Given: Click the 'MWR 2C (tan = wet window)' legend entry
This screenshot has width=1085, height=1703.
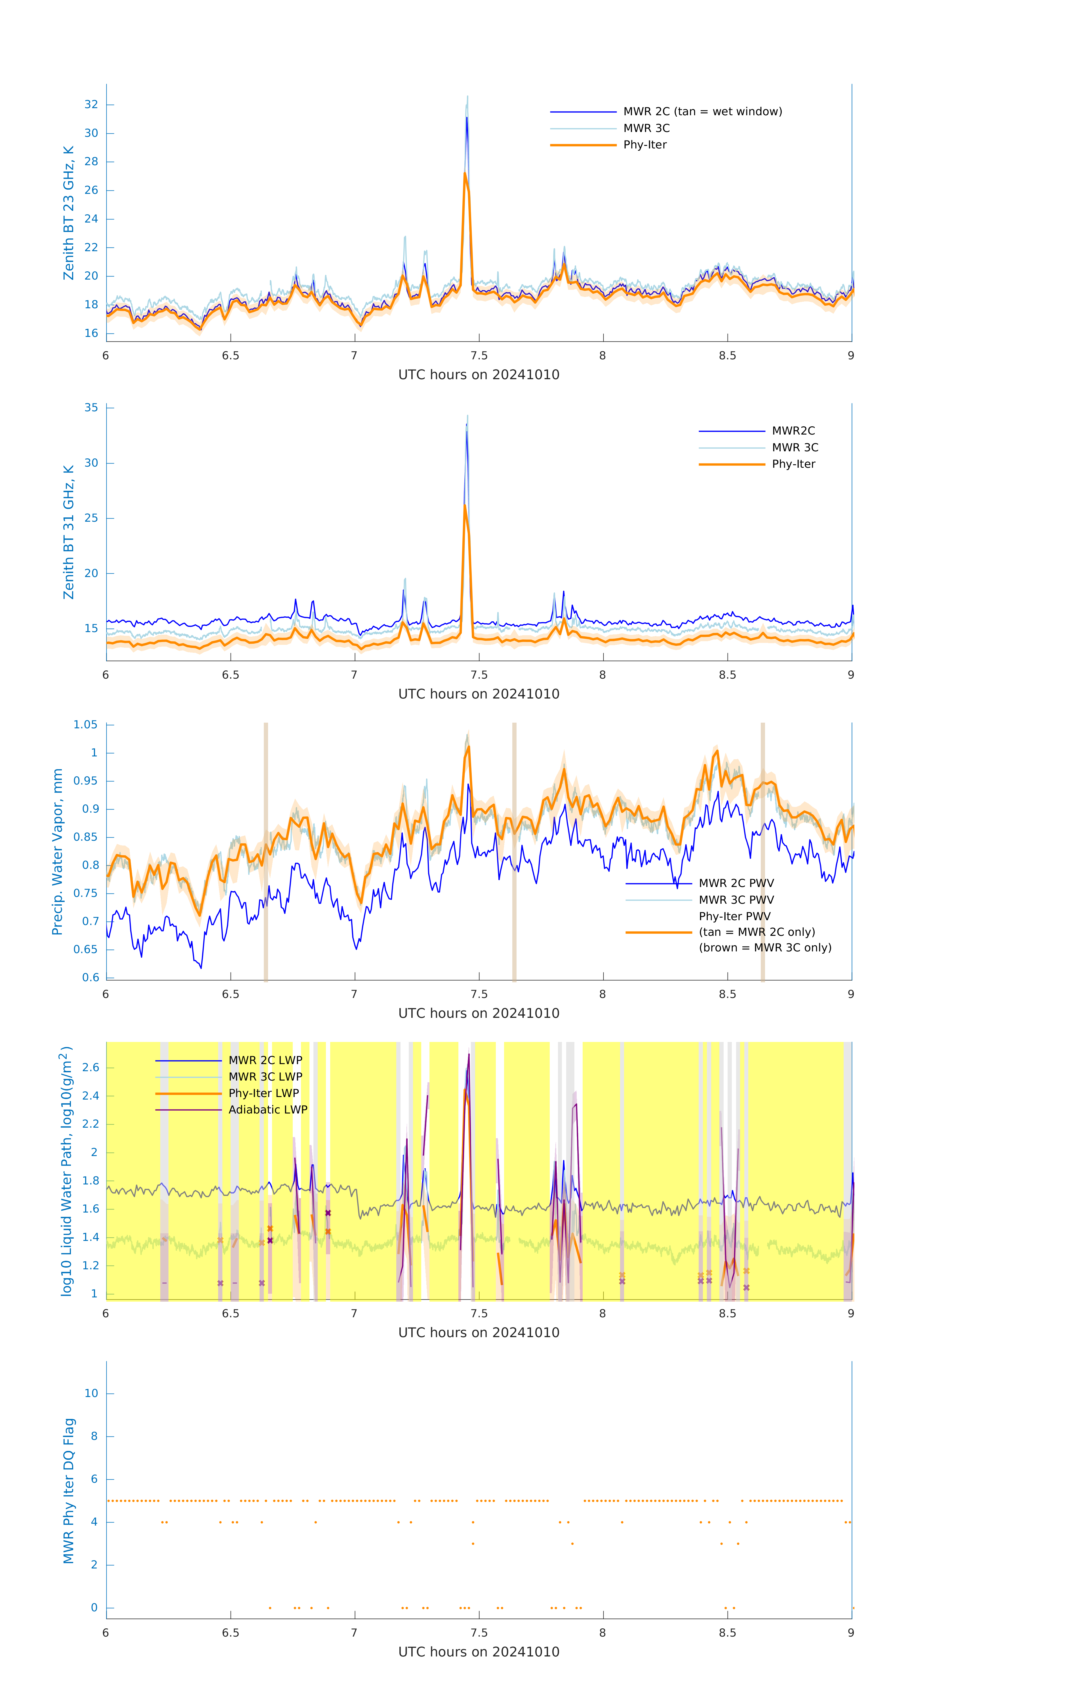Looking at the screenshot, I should pyautogui.click(x=702, y=112).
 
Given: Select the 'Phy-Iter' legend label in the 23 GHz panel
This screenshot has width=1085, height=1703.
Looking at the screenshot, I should pyautogui.click(x=645, y=145).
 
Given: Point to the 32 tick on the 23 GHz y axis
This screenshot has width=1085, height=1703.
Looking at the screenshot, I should pyautogui.click(x=91, y=105).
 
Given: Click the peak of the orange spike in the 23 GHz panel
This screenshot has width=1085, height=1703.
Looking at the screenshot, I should pyautogui.click(x=465, y=173).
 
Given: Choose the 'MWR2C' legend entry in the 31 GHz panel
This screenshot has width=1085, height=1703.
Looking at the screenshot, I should pyautogui.click(x=793, y=431).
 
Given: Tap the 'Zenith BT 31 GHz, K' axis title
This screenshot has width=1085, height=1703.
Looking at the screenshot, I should pyautogui.click(x=69, y=532).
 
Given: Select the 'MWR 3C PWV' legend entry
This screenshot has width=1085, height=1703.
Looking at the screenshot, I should pyautogui.click(x=736, y=899).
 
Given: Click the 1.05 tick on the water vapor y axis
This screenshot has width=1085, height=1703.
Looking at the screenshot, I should pyautogui.click(x=86, y=725).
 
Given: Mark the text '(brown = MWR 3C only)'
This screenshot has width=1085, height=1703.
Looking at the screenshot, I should pyautogui.click(x=765, y=948).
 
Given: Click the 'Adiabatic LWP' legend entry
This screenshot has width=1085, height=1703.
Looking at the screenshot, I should pyautogui.click(x=268, y=1110).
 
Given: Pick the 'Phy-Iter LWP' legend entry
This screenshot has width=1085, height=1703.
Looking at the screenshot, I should pyautogui.click(x=264, y=1093).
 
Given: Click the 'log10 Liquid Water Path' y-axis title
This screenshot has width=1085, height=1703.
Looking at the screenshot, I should pyautogui.click(x=66, y=1171).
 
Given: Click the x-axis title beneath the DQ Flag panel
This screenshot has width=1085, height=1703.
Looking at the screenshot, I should pyautogui.click(x=479, y=1652).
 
